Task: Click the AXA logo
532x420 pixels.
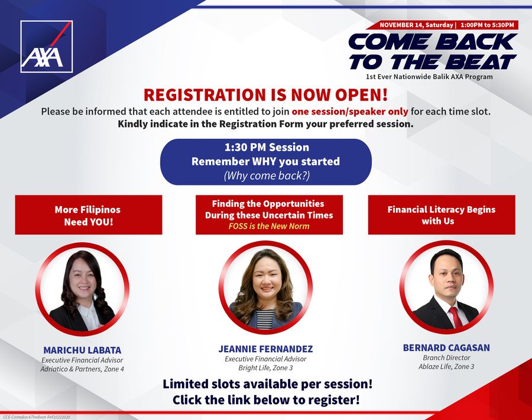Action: (47, 47)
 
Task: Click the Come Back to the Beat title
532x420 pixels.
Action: (433, 51)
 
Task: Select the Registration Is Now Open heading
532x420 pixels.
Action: (265, 95)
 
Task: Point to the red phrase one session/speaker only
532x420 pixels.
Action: (350, 112)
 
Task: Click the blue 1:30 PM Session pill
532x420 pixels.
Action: (265, 162)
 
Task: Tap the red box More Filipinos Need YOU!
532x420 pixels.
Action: (89, 214)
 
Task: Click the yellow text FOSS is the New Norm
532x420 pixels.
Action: (269, 226)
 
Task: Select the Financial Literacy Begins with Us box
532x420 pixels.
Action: (442, 214)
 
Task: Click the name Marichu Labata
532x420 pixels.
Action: (82, 350)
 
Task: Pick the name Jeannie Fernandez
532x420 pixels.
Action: (265, 349)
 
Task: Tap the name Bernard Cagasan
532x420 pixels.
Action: (446, 348)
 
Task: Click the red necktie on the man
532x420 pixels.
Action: (455, 317)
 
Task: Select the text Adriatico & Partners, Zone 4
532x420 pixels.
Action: (82, 369)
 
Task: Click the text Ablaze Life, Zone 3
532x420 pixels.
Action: (446, 366)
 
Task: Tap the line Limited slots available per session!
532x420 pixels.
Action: (267, 384)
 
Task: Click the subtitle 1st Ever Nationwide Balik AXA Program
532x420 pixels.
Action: (429, 77)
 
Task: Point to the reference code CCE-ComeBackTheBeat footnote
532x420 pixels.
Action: (36, 417)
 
